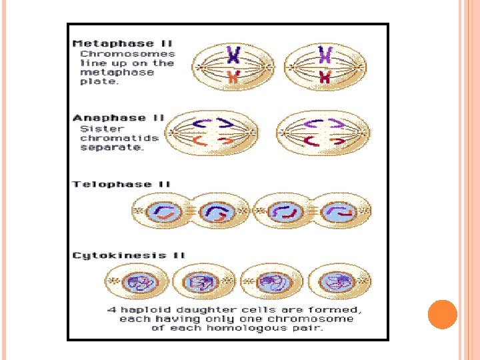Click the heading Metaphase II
click(122, 43)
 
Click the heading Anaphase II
click(119, 118)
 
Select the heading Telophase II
click(122, 184)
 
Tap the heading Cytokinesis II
click(129, 255)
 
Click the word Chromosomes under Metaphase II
click(128, 54)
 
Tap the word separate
click(111, 147)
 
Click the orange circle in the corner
click(441, 315)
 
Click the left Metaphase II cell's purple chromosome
click(233, 55)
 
